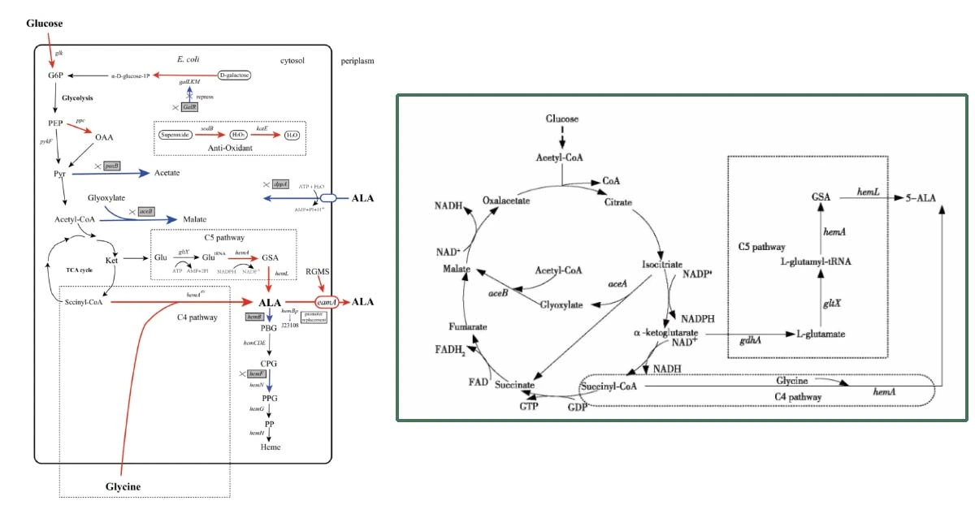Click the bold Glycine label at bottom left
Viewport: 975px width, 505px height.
point(123,486)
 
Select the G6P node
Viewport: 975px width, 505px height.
point(54,76)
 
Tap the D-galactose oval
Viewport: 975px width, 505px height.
point(234,76)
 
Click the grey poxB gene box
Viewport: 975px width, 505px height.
point(112,166)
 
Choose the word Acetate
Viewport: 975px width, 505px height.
point(167,173)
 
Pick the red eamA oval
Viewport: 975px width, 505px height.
point(326,301)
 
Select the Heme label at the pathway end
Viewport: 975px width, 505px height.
point(271,447)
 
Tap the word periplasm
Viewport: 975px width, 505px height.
point(357,61)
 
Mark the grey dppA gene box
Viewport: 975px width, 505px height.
point(280,184)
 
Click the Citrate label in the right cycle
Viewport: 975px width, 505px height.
point(618,202)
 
